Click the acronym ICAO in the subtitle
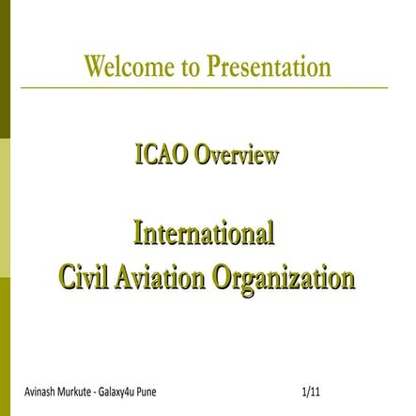point(162,155)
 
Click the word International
point(205,232)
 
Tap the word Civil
point(81,278)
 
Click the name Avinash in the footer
point(40,388)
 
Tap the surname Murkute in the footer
point(82,388)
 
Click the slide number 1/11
point(312,388)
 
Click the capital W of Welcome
point(95,68)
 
